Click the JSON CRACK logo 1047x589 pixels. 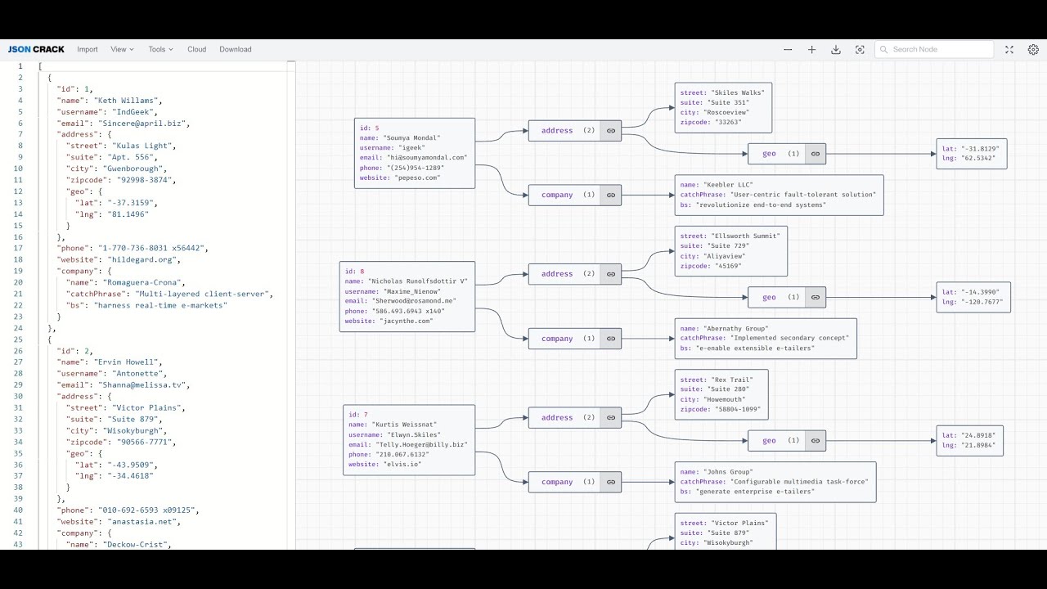point(36,49)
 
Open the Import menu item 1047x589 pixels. point(88,49)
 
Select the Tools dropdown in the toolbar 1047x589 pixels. point(160,49)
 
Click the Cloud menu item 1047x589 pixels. point(196,49)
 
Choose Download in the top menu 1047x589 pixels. point(235,49)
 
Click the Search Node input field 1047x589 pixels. point(939,49)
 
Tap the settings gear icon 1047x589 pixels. point(1033,49)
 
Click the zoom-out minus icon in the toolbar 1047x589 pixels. point(788,49)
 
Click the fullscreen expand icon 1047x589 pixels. point(1009,49)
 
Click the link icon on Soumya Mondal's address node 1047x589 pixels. point(610,130)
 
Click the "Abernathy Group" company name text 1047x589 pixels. point(735,328)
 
